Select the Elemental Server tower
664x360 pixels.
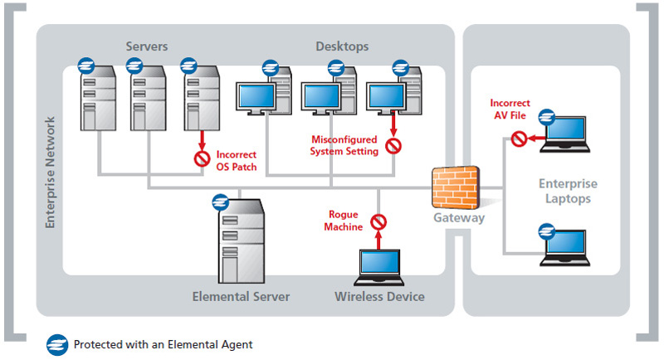[x=242, y=245]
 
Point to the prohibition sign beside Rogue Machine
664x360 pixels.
[x=378, y=222]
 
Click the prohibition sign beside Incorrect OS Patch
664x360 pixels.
[x=200, y=158]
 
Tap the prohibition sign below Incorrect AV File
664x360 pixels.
[x=519, y=138]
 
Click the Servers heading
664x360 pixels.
[x=147, y=46]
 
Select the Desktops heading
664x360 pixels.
[x=342, y=46]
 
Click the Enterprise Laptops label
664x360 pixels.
[x=568, y=191]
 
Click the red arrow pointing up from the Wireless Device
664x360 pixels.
[x=378, y=241]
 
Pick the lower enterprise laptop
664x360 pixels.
[x=571, y=246]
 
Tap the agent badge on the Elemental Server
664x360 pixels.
[x=221, y=202]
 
